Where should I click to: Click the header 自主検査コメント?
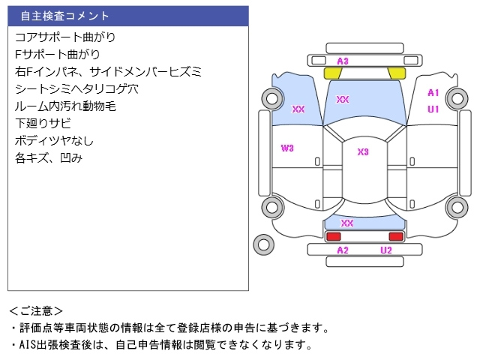point(64,16)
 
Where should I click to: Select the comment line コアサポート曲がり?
point(65,37)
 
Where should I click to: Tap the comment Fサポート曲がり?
point(57,54)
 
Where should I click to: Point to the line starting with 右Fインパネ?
point(108,72)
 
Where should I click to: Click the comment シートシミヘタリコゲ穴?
point(76,89)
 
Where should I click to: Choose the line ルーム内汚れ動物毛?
point(65,106)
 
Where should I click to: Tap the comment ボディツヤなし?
point(54,141)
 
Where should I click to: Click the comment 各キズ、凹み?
point(48,158)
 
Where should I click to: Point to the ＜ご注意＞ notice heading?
point(37,310)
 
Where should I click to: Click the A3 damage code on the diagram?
point(343,61)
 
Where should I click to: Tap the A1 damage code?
point(433,93)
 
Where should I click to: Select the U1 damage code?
point(433,109)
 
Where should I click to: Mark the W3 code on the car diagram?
point(287,148)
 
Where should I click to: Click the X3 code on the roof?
point(363,151)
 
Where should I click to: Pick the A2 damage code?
point(343,250)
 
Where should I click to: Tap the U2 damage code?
point(385,250)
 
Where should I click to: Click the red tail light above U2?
point(395,236)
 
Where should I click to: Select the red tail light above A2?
point(333,236)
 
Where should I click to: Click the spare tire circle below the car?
point(263,244)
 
